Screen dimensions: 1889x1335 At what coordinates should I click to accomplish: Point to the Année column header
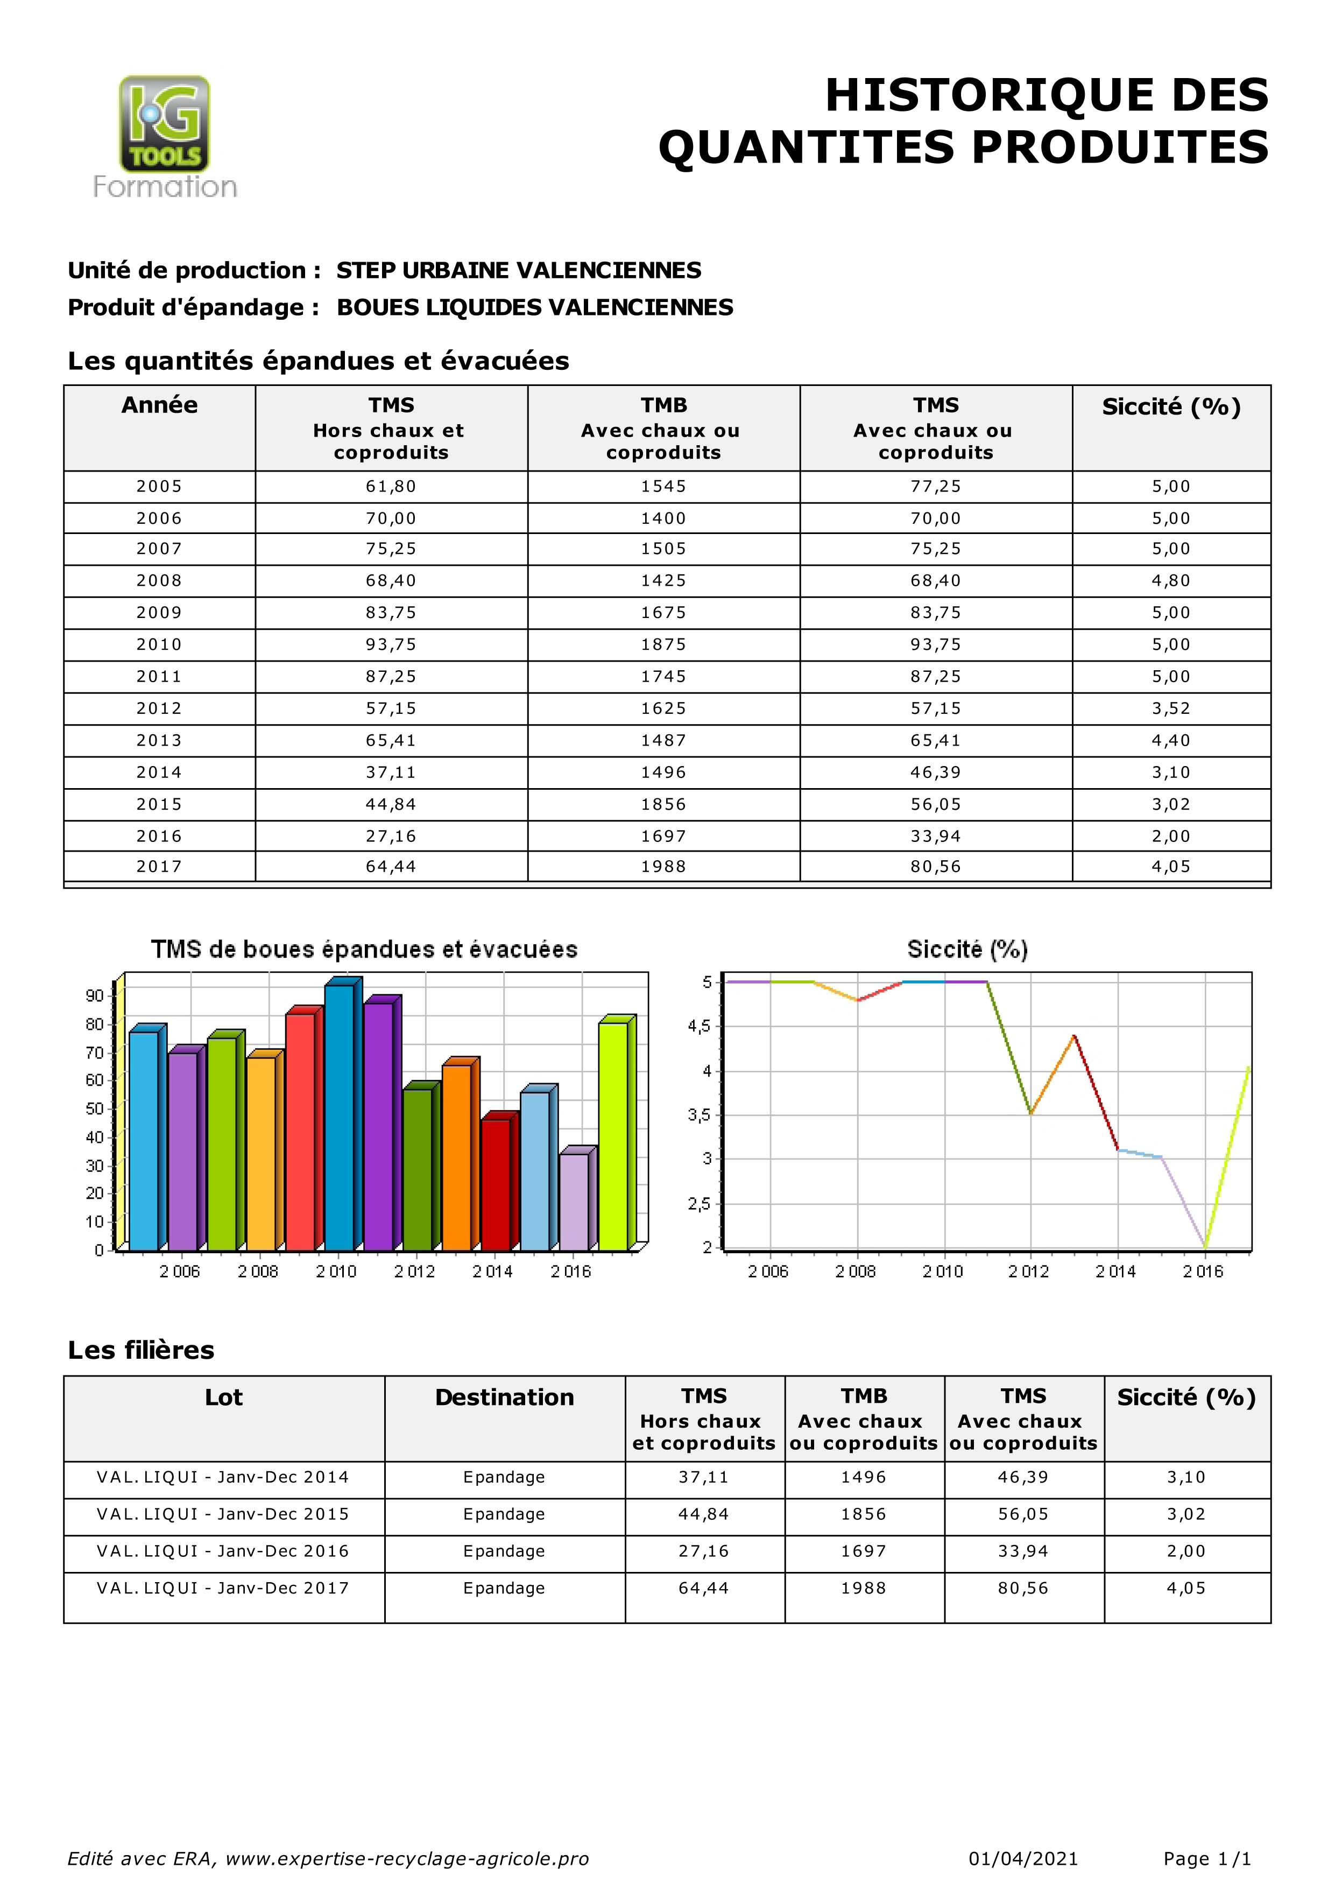click(160, 405)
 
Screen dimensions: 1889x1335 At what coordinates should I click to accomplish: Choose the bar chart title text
click(364, 950)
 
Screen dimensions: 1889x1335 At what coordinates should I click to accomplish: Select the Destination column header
click(504, 1398)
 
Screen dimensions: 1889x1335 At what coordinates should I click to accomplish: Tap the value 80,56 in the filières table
click(1023, 1588)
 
